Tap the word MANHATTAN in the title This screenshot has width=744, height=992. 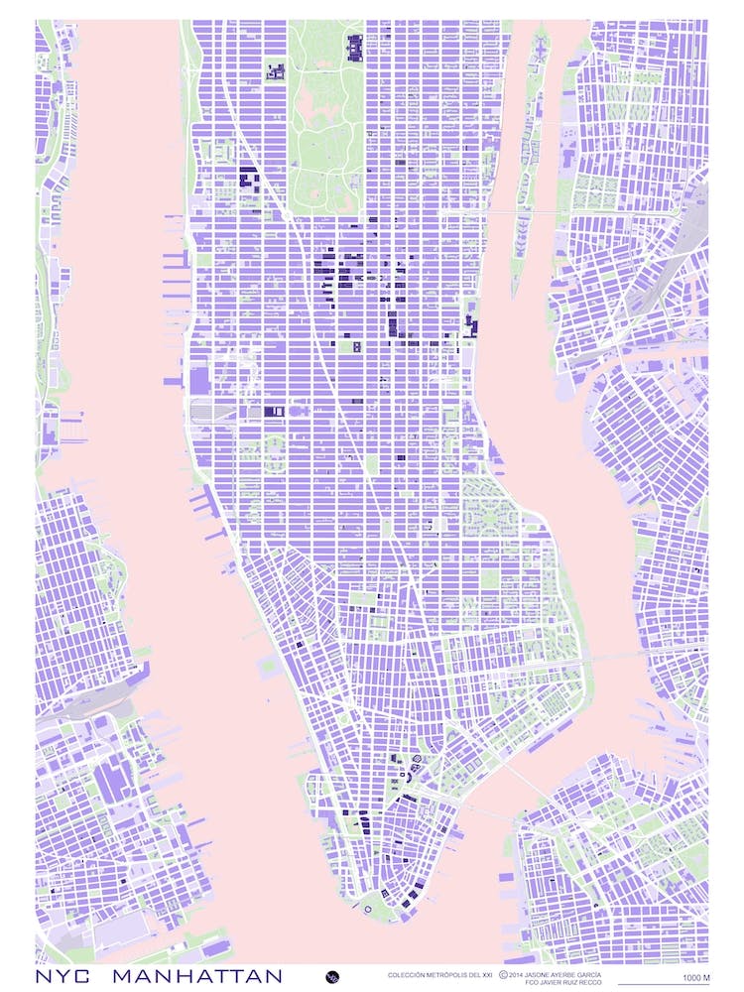tap(196, 977)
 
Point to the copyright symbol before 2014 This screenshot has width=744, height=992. tap(504, 975)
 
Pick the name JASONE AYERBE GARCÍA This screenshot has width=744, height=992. tap(564, 975)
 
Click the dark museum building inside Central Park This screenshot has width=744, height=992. tap(354, 46)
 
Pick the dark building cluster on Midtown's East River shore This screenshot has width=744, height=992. tap(469, 324)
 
